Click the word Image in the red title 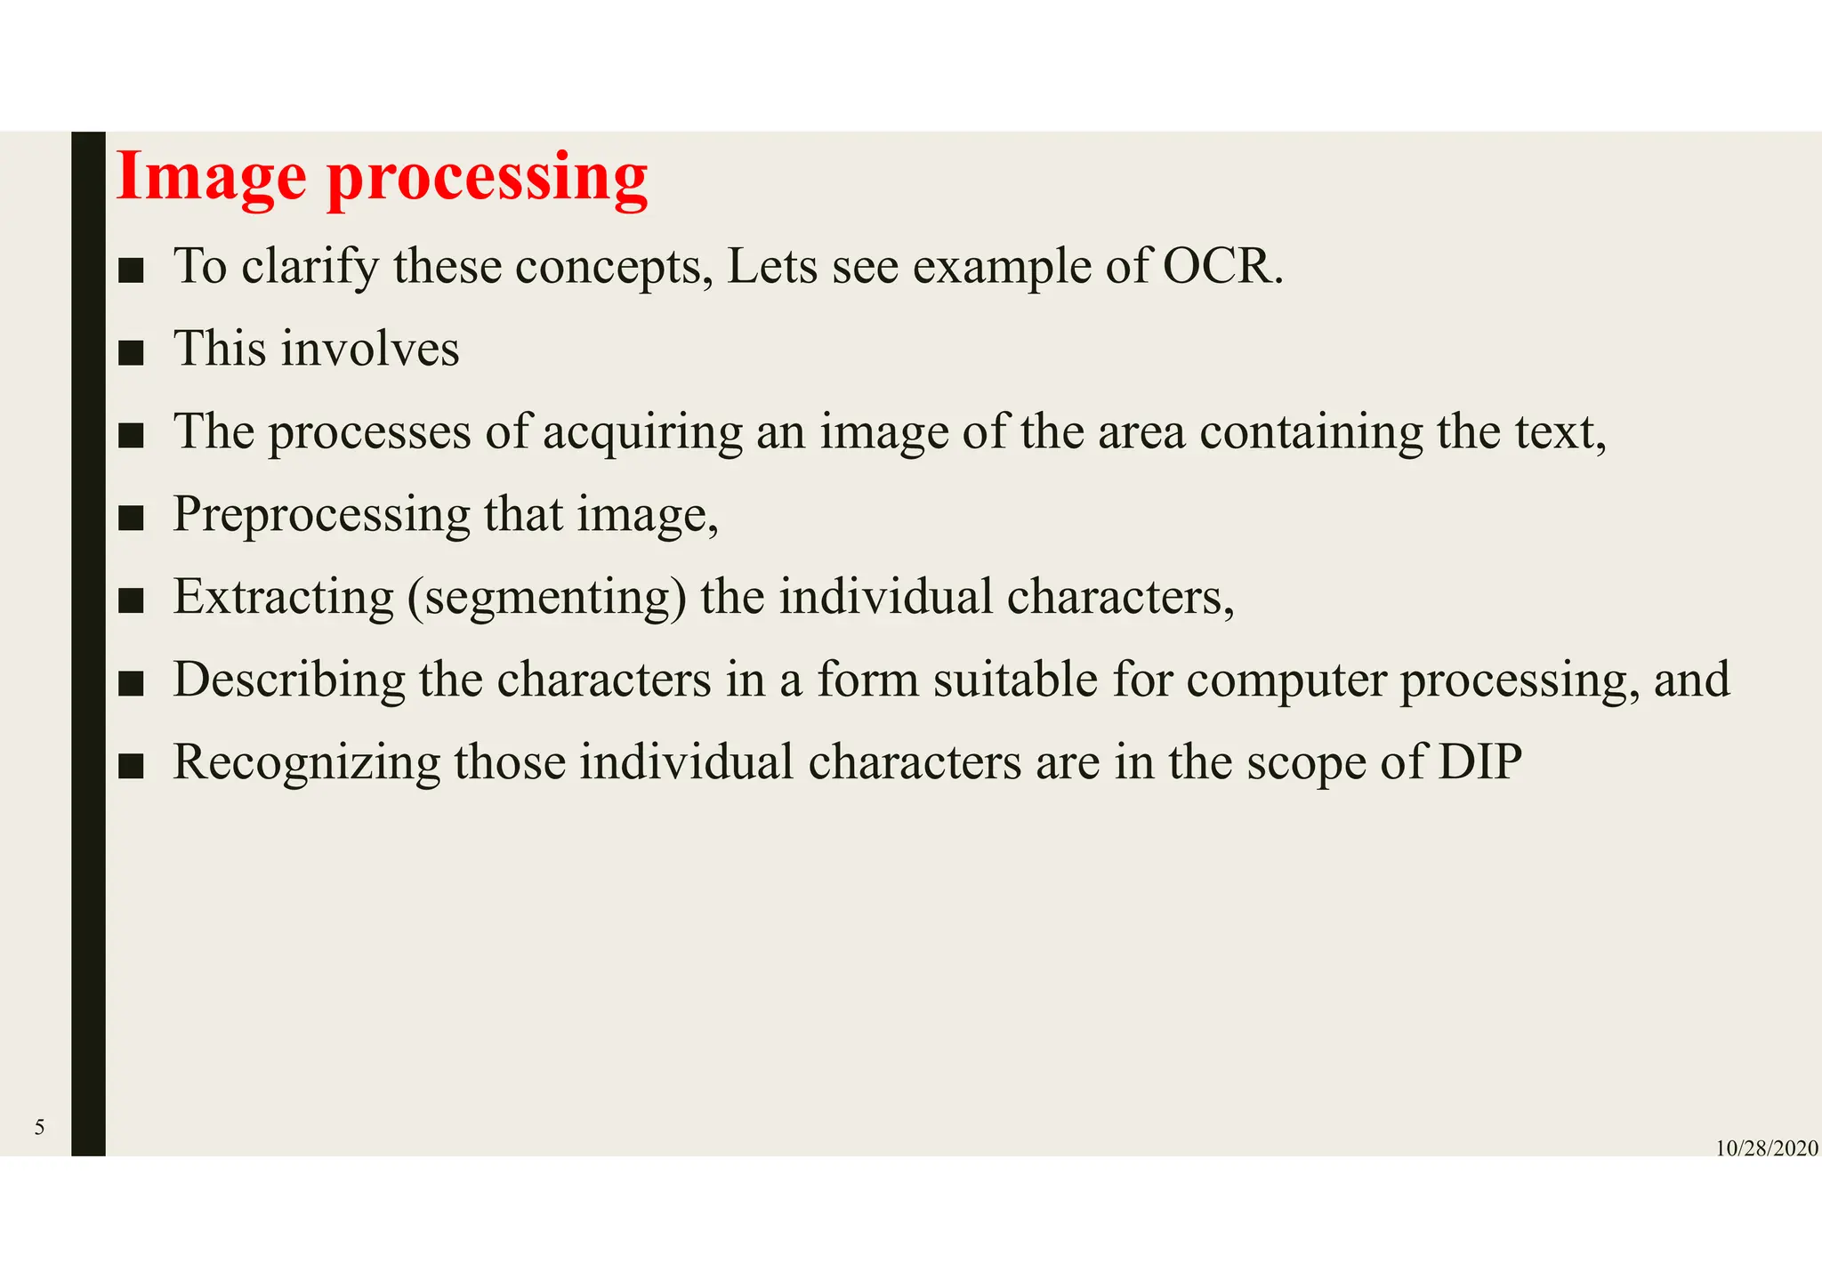(x=211, y=177)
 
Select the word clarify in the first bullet (x=310, y=266)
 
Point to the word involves (x=370, y=348)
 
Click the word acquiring (x=642, y=432)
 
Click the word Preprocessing (x=321, y=515)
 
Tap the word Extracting (x=284, y=597)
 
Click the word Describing (x=289, y=680)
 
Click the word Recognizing (x=306, y=762)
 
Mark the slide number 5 (x=39, y=1128)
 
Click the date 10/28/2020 (x=1766, y=1148)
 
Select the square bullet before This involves (x=131, y=353)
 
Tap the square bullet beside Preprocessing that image (x=131, y=519)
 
